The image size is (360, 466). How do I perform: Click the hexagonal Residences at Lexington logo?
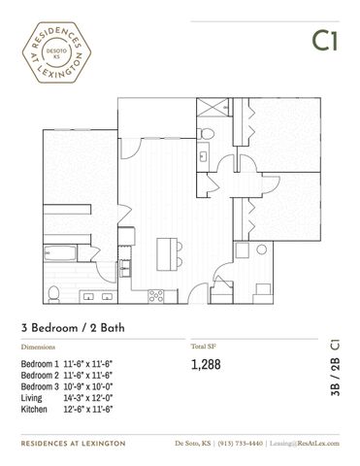coord(56,52)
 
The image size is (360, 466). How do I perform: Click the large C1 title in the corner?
coord(325,41)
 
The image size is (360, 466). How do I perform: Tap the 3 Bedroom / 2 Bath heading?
coord(73,328)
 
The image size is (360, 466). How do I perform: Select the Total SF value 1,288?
coord(206,364)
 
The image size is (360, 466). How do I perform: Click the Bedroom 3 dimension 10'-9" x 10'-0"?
coord(88,386)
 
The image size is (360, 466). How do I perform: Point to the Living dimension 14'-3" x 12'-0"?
coord(88,398)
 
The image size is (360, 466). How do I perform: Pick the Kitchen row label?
coord(34,409)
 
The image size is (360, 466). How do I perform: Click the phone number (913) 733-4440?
coord(241,444)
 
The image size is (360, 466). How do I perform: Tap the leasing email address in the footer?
coord(305,444)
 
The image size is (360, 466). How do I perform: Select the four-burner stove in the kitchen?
coord(156,296)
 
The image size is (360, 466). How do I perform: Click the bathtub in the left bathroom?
coord(60,253)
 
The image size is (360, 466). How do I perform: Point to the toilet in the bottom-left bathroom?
coord(53,294)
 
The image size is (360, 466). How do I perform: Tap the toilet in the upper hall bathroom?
coord(206,133)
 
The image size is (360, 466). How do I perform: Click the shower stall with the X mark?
coord(213,107)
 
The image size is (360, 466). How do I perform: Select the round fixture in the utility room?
coord(261,250)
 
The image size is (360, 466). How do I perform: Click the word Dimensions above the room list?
coord(38,347)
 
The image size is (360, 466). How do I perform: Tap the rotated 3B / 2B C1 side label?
coord(336,368)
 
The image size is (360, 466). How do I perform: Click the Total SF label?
coord(204,347)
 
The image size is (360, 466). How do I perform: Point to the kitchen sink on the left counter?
coord(124,268)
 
